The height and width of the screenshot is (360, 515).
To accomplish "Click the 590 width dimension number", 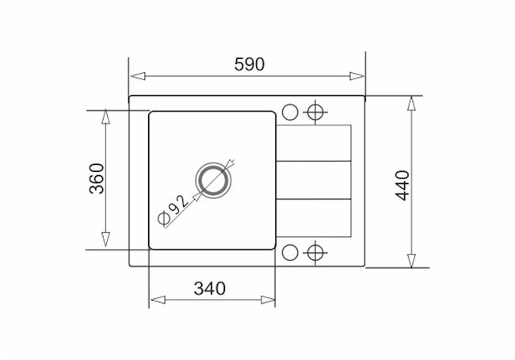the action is coord(250,64).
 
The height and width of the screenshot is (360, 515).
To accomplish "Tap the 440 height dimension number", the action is coord(402,186).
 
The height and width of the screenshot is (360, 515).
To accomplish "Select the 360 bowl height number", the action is coord(97,178).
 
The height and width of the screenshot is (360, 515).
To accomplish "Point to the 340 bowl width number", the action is coord(210,289).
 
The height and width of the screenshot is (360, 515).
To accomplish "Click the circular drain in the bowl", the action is coord(213,181).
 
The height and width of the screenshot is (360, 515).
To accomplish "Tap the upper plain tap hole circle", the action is coord(290,112).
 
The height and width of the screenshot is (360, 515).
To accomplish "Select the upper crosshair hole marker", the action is coord(315,112).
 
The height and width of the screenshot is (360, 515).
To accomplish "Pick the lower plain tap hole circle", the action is coord(290,253).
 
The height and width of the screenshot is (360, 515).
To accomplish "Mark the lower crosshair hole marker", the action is coord(315,253).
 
